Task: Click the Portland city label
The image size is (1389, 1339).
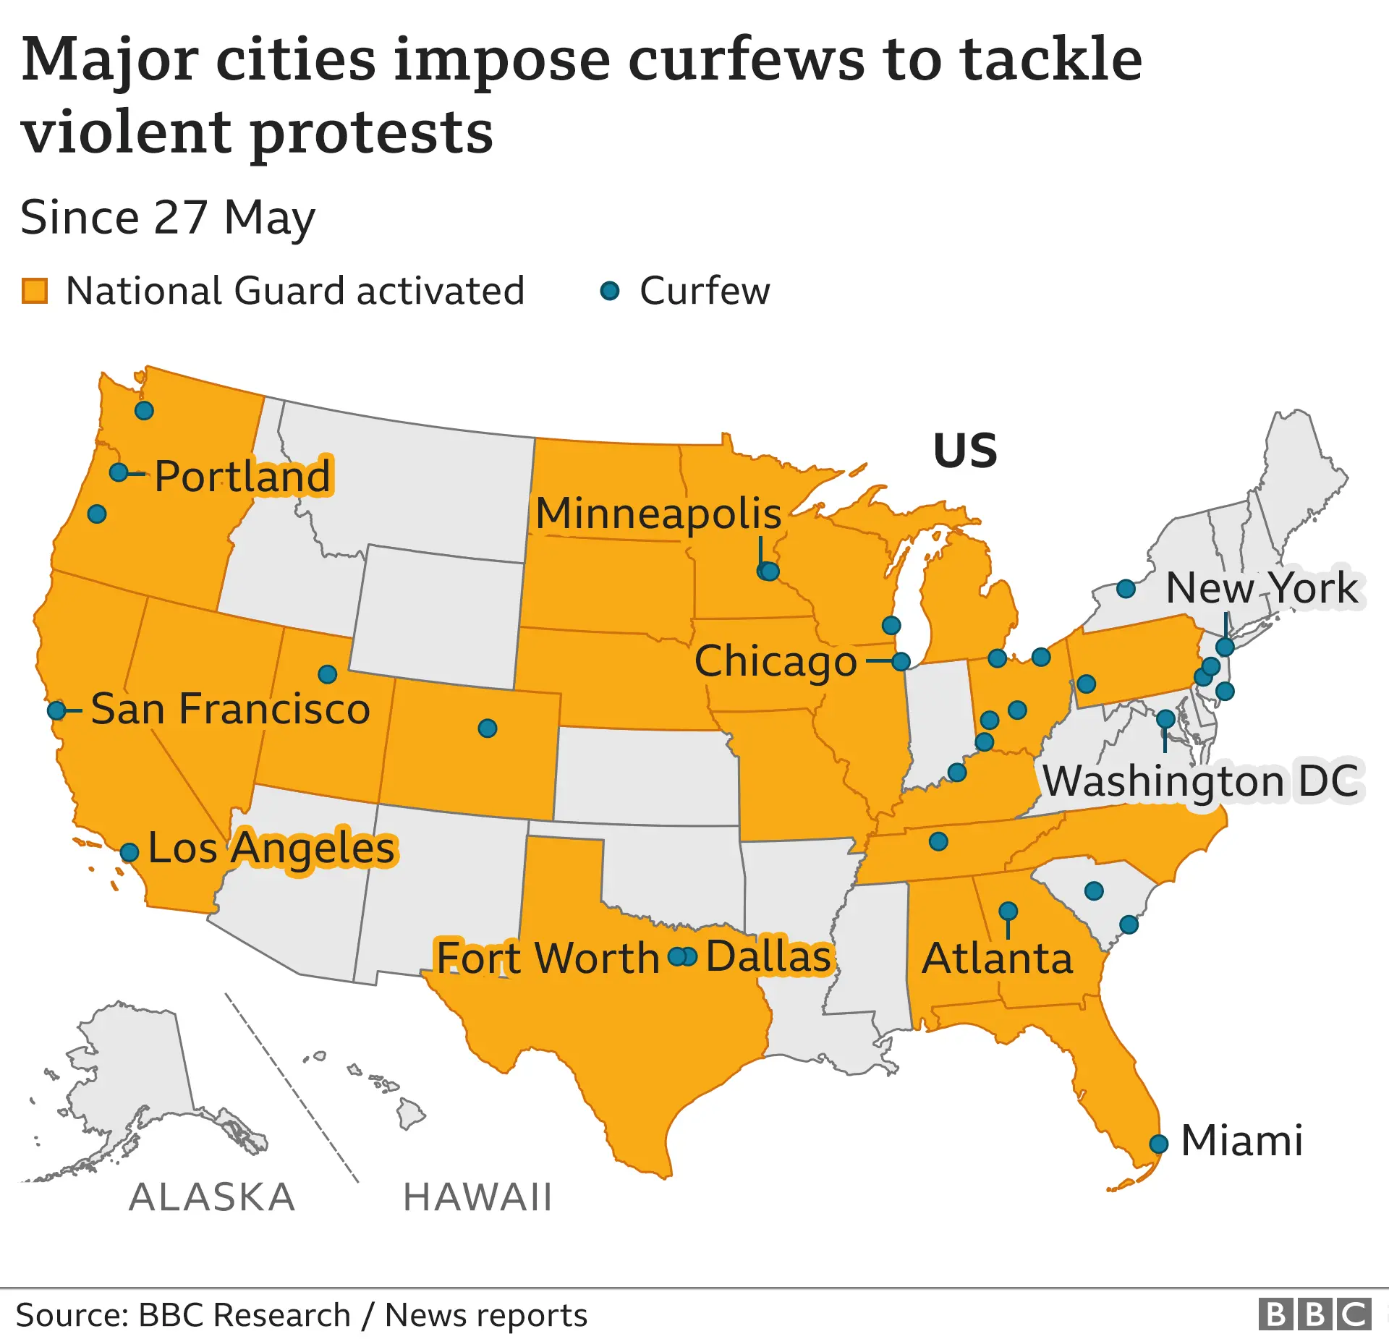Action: coord(243,476)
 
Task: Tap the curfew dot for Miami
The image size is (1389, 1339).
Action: coord(1159,1144)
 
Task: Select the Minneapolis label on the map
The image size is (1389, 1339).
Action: coord(658,514)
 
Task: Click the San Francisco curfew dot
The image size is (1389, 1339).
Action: coord(56,710)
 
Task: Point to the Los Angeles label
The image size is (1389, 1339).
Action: coord(272,848)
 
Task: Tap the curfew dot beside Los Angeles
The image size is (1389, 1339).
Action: coord(129,852)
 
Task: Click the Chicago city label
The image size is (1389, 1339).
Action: coord(776,662)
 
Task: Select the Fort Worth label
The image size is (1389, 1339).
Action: coord(548,958)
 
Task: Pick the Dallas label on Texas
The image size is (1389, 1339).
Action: coord(768,956)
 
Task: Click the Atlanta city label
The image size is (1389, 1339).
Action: coord(997,958)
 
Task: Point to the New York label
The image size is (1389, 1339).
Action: coord(1262,587)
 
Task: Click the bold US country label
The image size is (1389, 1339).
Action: coord(965,451)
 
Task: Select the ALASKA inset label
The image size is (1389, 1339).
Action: coord(212,1197)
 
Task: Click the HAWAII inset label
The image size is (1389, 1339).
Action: coord(477,1197)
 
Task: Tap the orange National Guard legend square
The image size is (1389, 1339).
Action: coord(35,291)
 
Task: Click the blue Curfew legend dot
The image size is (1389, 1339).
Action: coord(610,291)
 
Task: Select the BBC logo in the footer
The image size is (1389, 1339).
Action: coord(1314,1314)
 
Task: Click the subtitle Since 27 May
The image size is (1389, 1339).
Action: coord(168,217)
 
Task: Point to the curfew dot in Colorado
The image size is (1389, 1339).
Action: coord(488,728)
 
